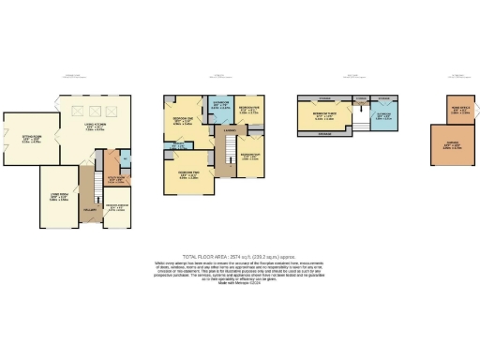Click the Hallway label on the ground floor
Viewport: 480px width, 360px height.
click(89, 213)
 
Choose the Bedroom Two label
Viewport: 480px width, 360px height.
click(188, 172)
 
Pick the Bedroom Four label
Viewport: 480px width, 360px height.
click(247, 110)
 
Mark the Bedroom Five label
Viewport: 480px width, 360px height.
click(249, 155)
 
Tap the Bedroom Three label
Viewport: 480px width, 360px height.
click(323, 115)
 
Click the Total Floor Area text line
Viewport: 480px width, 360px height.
click(240, 257)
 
